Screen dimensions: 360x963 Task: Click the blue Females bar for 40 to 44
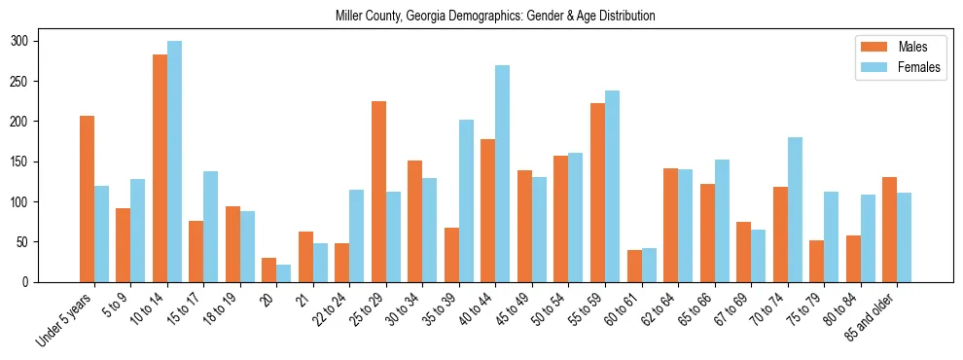(x=503, y=174)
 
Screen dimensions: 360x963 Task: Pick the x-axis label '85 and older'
(x=872, y=315)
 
